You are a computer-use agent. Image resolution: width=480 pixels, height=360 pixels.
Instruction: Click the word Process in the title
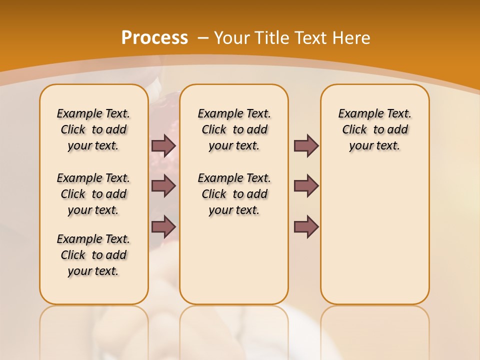coord(154,37)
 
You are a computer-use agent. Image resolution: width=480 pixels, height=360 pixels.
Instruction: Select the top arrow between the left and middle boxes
coord(163,145)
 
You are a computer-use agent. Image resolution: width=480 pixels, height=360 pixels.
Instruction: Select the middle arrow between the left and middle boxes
coord(163,186)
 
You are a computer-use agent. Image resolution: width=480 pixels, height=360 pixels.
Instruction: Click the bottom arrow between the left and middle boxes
coord(163,227)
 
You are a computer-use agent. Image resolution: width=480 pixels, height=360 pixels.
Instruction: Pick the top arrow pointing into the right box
coord(306,145)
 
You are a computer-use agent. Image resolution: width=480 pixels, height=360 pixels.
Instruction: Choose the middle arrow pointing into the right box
coord(306,186)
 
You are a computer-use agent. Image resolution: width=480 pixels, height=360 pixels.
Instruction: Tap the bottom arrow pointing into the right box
coord(306,227)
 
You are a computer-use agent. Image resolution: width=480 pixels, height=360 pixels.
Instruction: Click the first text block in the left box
coord(93,129)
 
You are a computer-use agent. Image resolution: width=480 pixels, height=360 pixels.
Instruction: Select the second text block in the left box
coord(93,194)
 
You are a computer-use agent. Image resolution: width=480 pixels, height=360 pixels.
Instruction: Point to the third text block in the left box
coord(93,255)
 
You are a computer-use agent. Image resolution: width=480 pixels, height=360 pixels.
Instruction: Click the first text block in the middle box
coord(234,129)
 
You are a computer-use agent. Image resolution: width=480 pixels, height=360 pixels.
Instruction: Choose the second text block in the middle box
coord(234,194)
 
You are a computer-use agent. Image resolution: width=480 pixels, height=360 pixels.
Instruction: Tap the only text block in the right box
coord(374,129)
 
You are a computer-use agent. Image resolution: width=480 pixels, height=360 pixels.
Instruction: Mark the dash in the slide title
coord(203,37)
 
